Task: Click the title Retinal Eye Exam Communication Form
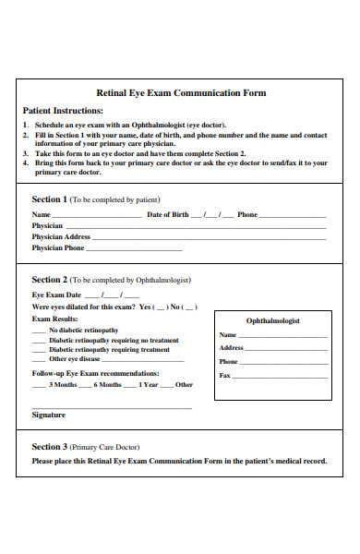click(181, 92)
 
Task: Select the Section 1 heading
click(49, 199)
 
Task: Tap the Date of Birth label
click(168, 214)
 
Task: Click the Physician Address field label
click(61, 236)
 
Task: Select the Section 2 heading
click(49, 279)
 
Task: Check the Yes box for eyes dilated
click(161, 307)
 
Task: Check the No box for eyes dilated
click(189, 307)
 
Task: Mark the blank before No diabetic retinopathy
click(38, 331)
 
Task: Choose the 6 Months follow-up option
click(110, 384)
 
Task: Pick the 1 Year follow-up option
click(150, 384)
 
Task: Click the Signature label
click(49, 415)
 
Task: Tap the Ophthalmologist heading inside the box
click(272, 320)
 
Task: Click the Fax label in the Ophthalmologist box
click(224, 376)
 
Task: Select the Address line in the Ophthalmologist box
click(286, 349)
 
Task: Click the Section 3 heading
click(49, 446)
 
